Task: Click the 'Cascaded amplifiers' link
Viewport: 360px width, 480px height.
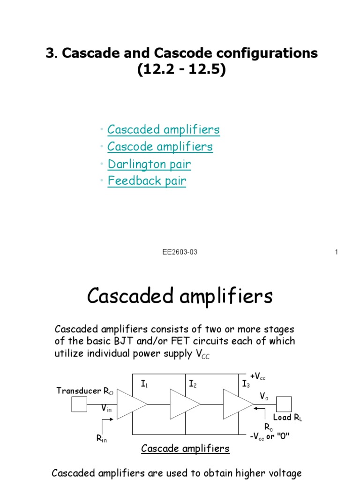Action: [x=164, y=129]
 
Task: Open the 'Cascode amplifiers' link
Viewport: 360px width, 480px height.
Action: [x=160, y=147]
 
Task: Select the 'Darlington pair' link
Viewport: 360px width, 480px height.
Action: [x=149, y=164]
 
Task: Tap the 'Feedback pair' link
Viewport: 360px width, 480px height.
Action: [x=147, y=181]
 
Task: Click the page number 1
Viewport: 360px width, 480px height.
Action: [x=337, y=252]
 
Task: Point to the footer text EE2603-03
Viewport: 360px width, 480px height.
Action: [x=180, y=252]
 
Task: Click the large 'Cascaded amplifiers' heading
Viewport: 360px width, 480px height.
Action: [x=180, y=296]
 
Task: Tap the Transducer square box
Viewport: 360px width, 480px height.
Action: [x=79, y=404]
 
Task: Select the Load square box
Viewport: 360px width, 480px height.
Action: [x=284, y=404]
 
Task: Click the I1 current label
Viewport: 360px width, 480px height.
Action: [x=144, y=384]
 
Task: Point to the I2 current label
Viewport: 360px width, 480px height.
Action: [x=192, y=384]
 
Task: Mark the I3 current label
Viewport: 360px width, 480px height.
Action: [x=246, y=384]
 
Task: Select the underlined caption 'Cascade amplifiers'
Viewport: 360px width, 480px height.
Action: [x=185, y=449]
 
